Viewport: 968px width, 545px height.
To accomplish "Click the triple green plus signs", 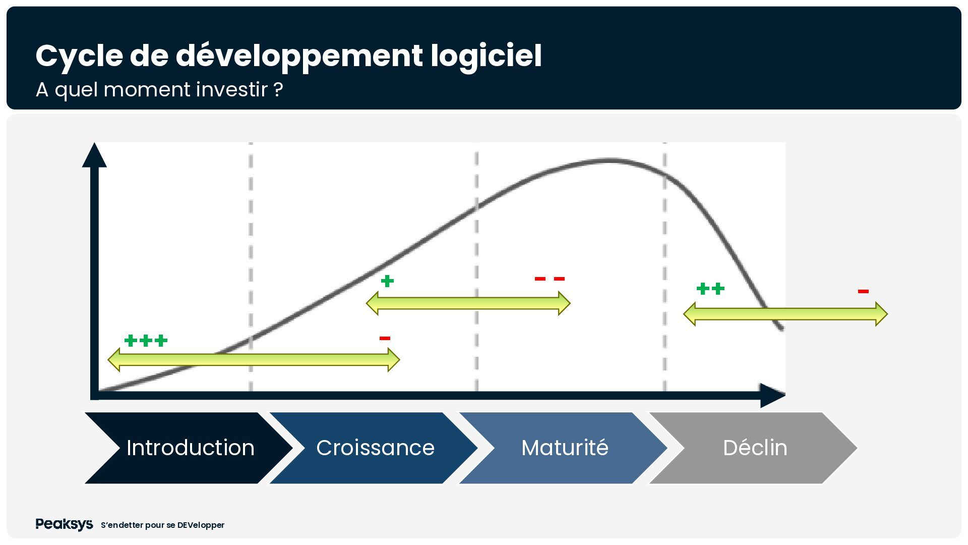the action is click(146, 341).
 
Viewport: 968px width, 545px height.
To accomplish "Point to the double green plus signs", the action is click(710, 289).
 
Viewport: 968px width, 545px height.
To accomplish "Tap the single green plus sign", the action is click(387, 281).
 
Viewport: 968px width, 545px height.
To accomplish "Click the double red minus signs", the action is click(550, 279).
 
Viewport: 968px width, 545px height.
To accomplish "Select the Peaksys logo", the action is click(64, 525).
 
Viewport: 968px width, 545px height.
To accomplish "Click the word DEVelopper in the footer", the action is click(201, 525).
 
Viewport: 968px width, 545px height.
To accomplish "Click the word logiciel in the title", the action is click(486, 56).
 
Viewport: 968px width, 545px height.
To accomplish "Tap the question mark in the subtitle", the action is click(278, 90).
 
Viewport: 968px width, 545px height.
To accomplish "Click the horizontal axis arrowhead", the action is click(773, 396).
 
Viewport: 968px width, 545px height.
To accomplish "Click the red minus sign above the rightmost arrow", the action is click(863, 291).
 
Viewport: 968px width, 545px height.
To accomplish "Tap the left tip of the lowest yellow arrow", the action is click(108, 360).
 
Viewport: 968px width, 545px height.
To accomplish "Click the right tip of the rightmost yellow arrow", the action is click(887, 314).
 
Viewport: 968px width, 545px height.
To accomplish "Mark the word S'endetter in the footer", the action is click(122, 525).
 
